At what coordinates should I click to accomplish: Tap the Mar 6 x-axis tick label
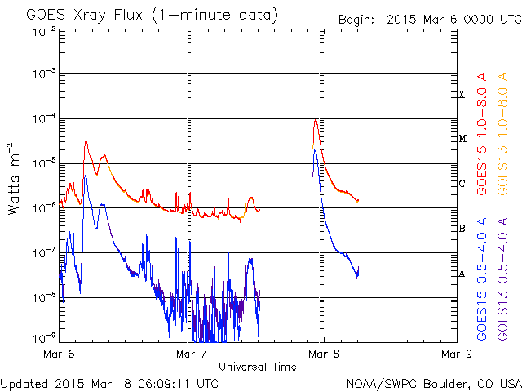pos(59,354)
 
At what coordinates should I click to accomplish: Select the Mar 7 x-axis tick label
pos(191,354)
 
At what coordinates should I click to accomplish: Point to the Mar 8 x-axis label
pos(323,354)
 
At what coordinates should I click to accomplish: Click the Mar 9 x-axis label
pos(455,354)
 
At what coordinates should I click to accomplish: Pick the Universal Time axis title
pos(257,367)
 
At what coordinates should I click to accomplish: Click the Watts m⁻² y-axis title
pos(15,178)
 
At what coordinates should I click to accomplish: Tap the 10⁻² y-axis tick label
pos(44,31)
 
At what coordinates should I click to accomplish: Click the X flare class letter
pos(462,95)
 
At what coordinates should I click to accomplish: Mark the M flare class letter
pos(462,139)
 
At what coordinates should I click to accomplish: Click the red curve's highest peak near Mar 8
pos(316,120)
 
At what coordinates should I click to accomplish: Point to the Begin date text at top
pos(429,19)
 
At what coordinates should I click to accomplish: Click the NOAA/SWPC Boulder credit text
pos(433,382)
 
